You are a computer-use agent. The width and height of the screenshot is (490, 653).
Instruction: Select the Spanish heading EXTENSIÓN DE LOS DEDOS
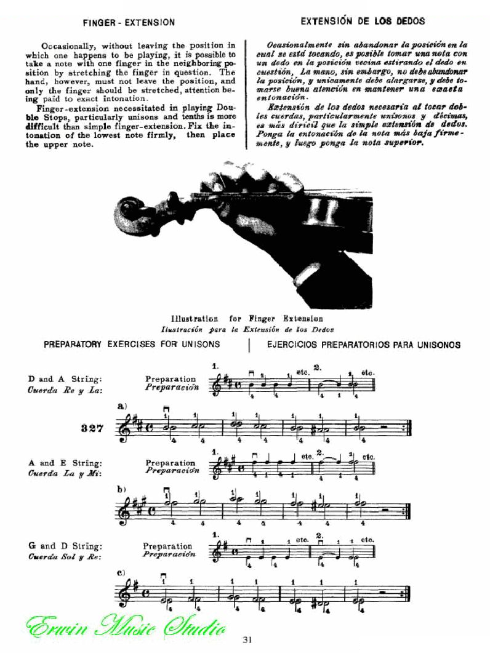[363, 21]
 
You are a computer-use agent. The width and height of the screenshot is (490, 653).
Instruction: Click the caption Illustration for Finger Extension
[246, 319]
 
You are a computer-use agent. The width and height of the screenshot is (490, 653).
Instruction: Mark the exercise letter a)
[121, 407]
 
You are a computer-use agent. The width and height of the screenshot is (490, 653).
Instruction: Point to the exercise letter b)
[122, 490]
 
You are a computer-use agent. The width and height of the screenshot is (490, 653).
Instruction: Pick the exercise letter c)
[121, 572]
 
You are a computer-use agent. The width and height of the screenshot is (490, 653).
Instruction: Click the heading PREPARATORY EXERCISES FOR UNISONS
[132, 345]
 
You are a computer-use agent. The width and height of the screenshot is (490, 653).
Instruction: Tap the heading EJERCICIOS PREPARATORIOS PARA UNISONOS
[363, 345]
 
